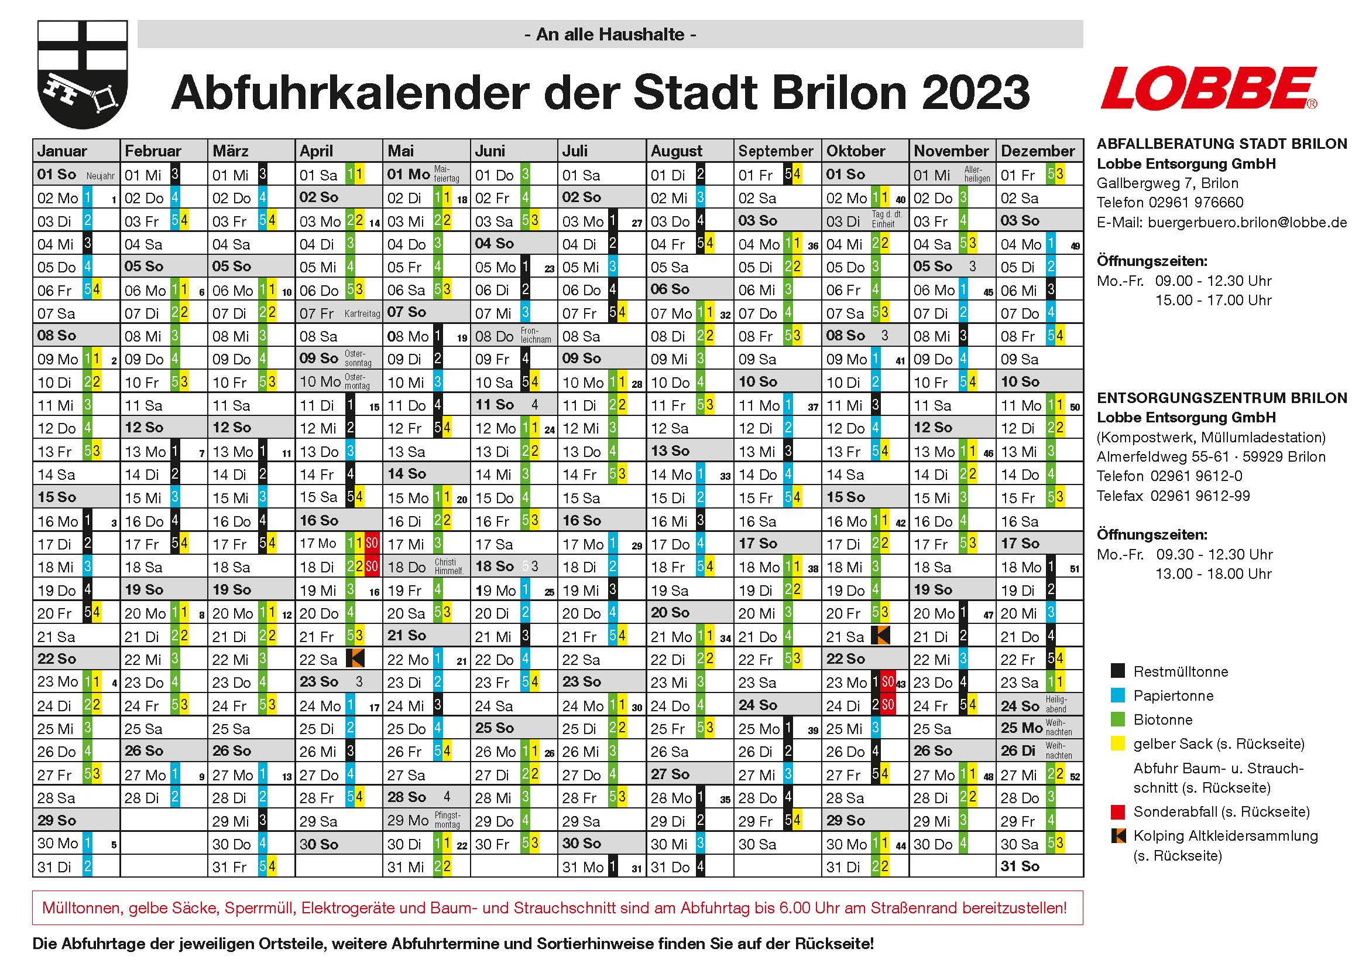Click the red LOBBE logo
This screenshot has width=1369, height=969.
click(1208, 88)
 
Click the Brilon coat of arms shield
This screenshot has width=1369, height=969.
click(83, 74)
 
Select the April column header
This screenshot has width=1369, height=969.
click(316, 151)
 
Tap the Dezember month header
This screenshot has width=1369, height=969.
click(1038, 151)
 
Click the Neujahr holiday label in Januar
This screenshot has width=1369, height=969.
click(100, 176)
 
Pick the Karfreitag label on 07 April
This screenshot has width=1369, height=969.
click(362, 314)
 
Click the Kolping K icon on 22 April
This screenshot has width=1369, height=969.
click(355, 658)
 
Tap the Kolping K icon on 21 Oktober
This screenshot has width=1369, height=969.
click(880, 636)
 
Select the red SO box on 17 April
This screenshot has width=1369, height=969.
click(372, 544)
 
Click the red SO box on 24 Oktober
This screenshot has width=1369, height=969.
click(888, 705)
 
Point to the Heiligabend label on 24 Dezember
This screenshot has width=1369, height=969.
click(1056, 705)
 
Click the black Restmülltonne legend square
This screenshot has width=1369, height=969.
click(1118, 671)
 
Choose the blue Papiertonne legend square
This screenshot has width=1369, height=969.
click(1118, 695)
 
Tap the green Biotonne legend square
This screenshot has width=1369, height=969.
click(1118, 719)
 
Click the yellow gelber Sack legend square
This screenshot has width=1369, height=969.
click(1118, 743)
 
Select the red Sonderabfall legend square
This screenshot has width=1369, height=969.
click(1118, 811)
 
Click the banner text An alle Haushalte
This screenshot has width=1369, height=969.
click(610, 35)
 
